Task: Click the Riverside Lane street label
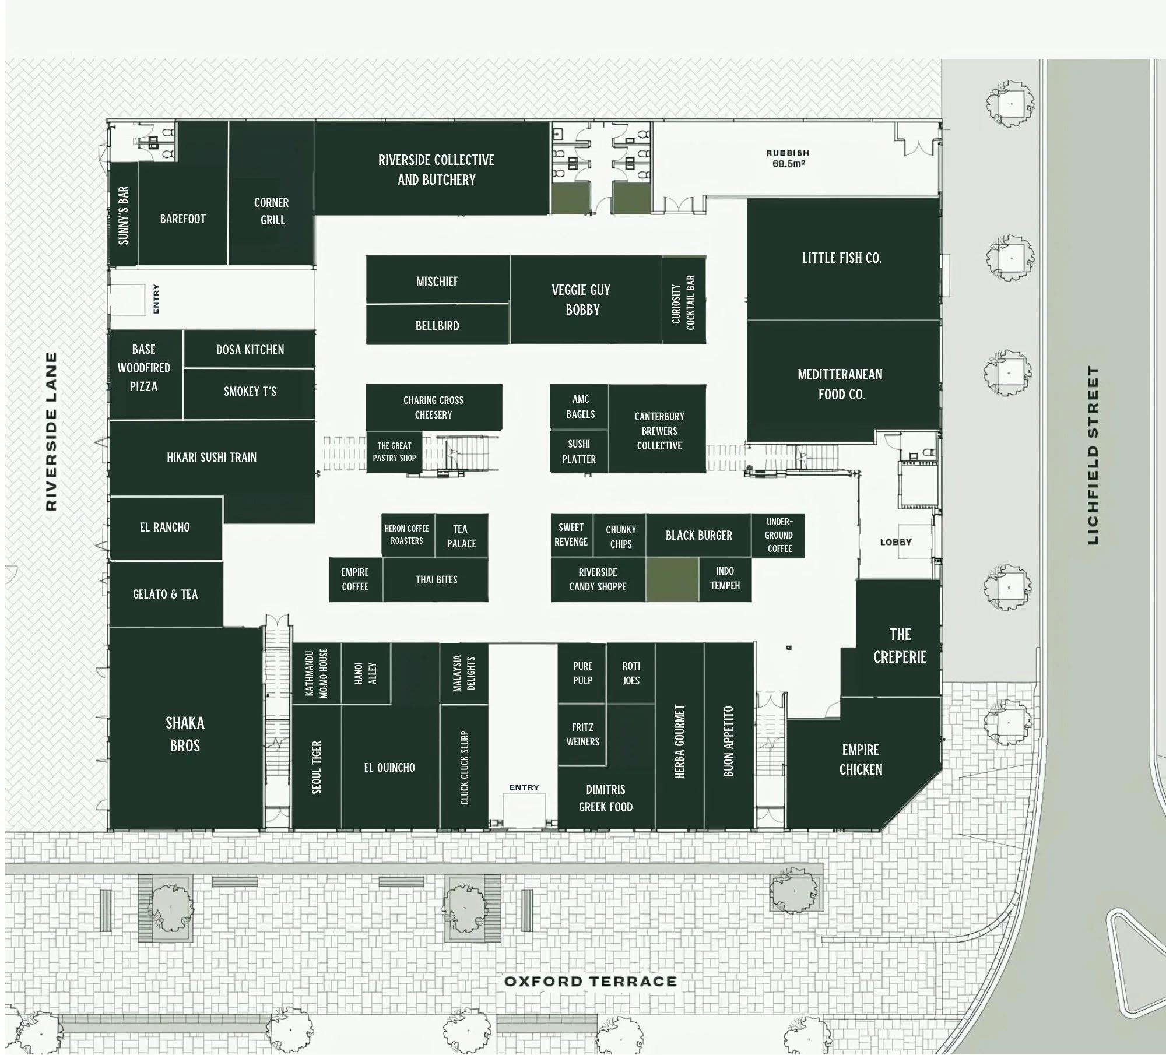[x=51, y=431]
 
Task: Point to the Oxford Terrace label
[x=590, y=982]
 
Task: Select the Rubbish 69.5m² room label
[x=787, y=159]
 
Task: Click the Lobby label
[x=895, y=542]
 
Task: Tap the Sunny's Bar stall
[x=123, y=215]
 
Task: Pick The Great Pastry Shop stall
[x=394, y=452]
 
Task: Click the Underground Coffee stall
[x=779, y=535]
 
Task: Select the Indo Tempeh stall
[x=725, y=578]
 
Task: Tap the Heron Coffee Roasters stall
[x=407, y=534]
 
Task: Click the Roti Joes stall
[x=631, y=673]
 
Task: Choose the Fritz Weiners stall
[x=582, y=734]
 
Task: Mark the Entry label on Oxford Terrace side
[x=524, y=787]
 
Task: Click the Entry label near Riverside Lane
[x=156, y=299]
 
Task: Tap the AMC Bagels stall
[x=580, y=406]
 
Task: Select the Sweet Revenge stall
[x=571, y=534]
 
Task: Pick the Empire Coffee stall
[x=355, y=579]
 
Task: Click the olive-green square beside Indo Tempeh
[x=672, y=579]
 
